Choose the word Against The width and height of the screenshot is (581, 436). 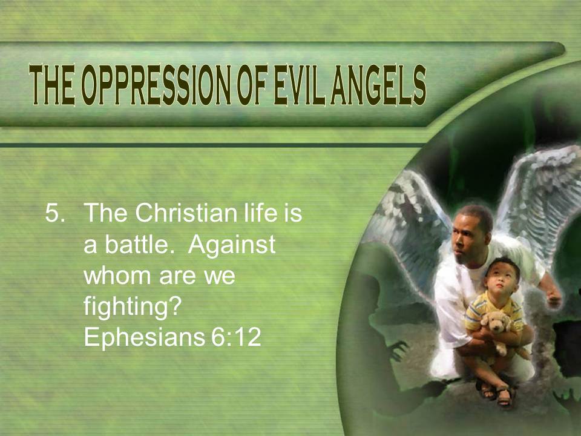click(232, 245)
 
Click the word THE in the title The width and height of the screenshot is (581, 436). click(51, 85)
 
